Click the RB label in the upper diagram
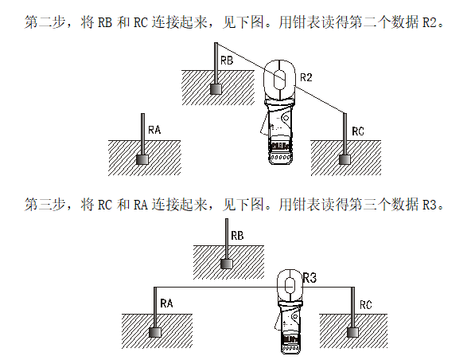tap(227, 60)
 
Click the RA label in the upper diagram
tap(154, 128)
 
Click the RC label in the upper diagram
tap(358, 130)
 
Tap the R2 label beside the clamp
tap(307, 77)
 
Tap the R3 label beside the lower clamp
tap(310, 278)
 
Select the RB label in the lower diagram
tap(236, 237)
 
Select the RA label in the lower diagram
tap(166, 303)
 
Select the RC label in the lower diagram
tap(366, 304)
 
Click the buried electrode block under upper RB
tap(216, 89)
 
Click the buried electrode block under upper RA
tap(142, 158)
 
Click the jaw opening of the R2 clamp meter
tap(278, 80)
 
